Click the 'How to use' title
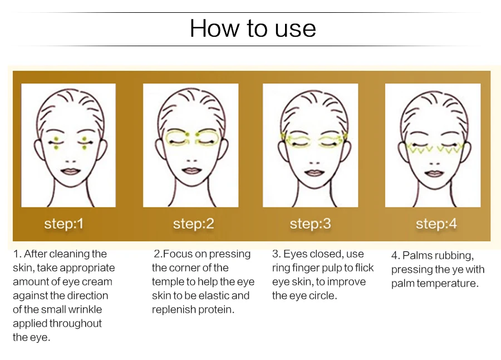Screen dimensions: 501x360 pyautogui.click(x=253, y=28)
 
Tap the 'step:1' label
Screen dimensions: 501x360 pyautogui.click(x=64, y=224)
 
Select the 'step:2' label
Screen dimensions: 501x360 pyautogui.click(x=193, y=224)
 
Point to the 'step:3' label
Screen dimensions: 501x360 pyautogui.click(x=310, y=224)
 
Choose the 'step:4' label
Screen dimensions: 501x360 pyautogui.click(x=436, y=224)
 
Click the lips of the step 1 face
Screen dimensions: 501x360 pyautogui.click(x=71, y=171)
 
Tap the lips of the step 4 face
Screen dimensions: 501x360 pyautogui.click(x=434, y=174)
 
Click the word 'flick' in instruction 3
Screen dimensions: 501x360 pyautogui.click(x=364, y=268)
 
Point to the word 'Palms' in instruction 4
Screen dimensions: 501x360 pyautogui.click(x=417, y=255)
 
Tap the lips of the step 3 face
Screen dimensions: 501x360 pyautogui.click(x=315, y=172)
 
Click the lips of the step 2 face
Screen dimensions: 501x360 pyautogui.click(x=191, y=171)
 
